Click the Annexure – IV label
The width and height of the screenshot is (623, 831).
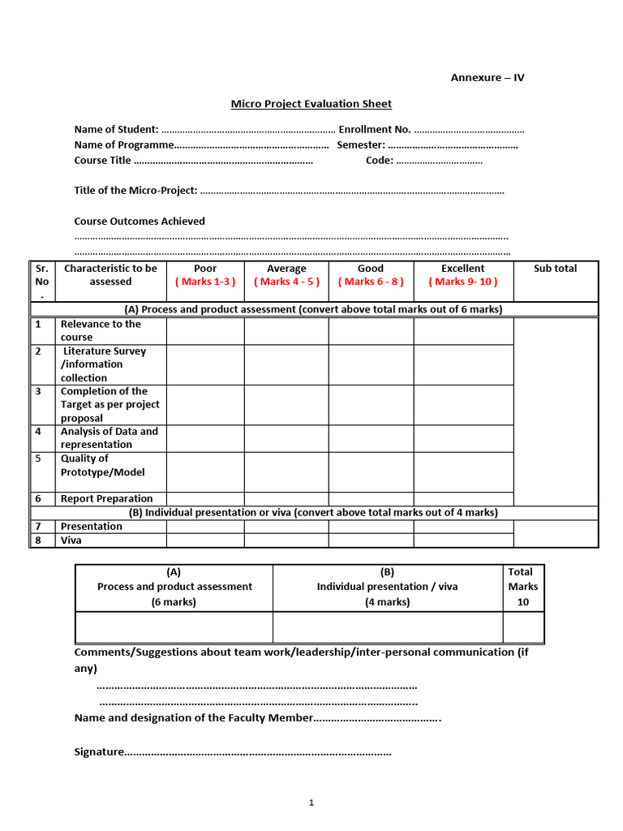point(488,78)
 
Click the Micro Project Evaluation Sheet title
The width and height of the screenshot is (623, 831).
point(311,104)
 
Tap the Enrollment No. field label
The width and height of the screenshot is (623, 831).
point(374,130)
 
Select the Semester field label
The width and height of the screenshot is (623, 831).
point(361,145)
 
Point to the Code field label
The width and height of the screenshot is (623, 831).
point(380,161)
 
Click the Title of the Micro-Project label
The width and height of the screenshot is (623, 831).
point(135,191)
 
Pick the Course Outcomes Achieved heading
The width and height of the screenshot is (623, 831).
point(140,222)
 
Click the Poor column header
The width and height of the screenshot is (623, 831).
point(205,269)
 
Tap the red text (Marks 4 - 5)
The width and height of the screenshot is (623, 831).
point(286,282)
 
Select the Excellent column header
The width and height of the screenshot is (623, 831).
point(462,269)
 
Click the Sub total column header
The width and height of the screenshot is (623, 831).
point(555,269)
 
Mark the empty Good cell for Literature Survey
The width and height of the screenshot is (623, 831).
point(371,364)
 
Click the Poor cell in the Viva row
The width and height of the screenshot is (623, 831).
point(205,540)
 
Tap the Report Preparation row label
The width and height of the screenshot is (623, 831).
point(106,499)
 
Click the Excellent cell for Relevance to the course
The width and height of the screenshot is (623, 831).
point(463,331)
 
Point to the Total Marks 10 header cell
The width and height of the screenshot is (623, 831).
point(522,587)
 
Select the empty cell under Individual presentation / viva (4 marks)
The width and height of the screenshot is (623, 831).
point(387,627)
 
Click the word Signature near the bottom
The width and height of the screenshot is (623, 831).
point(98,752)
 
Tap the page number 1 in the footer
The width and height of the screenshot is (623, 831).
point(311,803)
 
